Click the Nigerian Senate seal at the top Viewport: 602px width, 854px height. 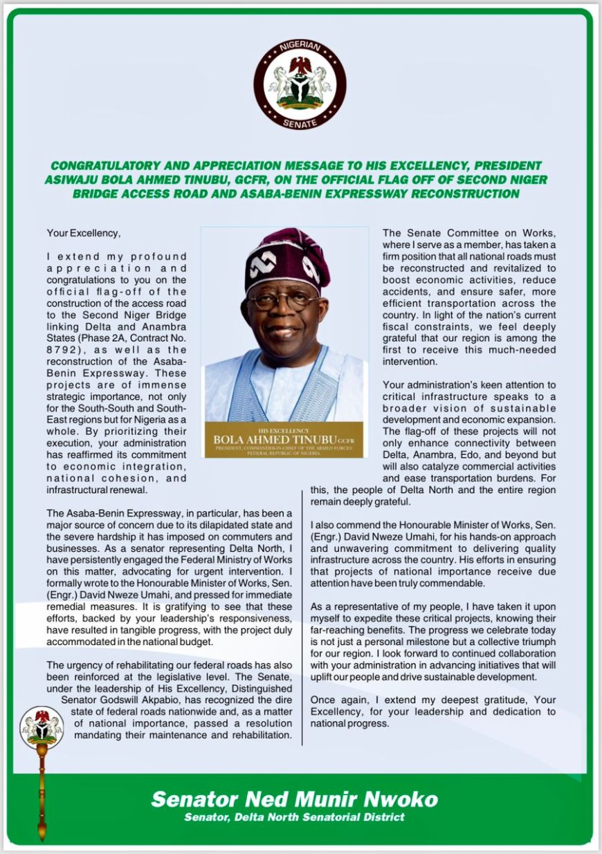[x=300, y=84]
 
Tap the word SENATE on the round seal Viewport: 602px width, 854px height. [x=300, y=122]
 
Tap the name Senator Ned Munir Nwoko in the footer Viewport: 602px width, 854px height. [x=294, y=799]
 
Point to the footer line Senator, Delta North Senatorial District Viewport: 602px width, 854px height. [x=294, y=818]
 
